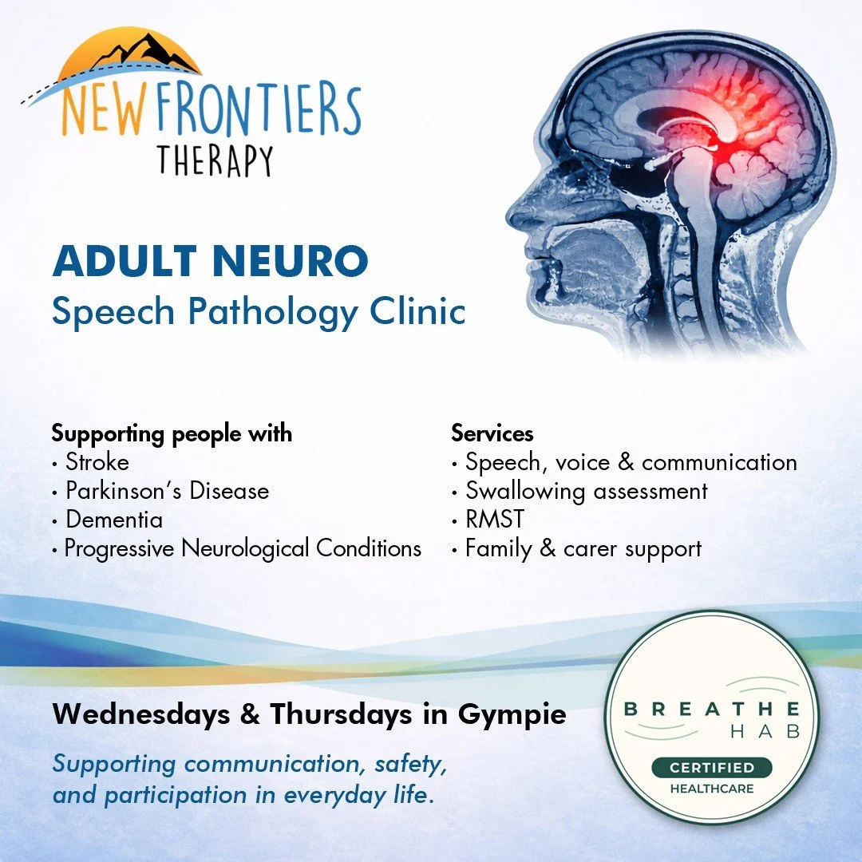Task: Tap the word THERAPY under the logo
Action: (215, 159)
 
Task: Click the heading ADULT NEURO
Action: (211, 263)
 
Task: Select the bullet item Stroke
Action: (97, 462)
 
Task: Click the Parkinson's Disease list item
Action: (167, 491)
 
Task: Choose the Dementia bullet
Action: (114, 520)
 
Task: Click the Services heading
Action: (492, 433)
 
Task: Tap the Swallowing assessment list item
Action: (587, 491)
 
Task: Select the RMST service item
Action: (495, 520)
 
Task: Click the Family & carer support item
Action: (583, 548)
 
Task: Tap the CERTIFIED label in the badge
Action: (712, 768)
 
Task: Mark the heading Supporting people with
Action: (172, 433)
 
